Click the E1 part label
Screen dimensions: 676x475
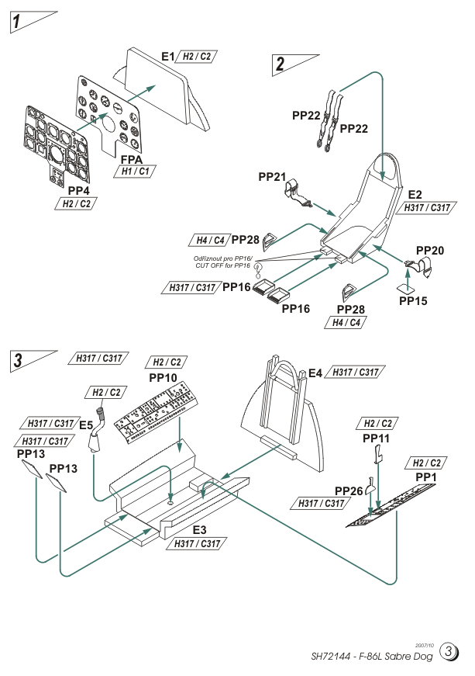click(167, 57)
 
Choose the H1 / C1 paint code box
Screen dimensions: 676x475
click(133, 172)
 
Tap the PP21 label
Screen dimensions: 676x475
click(273, 177)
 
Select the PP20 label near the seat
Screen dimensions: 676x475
click(429, 251)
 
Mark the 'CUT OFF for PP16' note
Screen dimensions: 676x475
click(222, 265)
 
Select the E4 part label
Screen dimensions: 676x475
click(315, 373)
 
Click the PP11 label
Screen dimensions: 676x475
click(377, 439)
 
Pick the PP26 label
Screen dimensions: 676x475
click(349, 491)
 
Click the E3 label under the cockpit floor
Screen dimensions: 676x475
click(199, 529)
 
